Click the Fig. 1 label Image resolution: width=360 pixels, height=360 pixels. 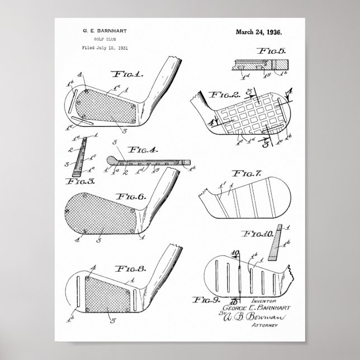point(128,74)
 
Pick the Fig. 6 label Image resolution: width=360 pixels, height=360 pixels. point(131,196)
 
